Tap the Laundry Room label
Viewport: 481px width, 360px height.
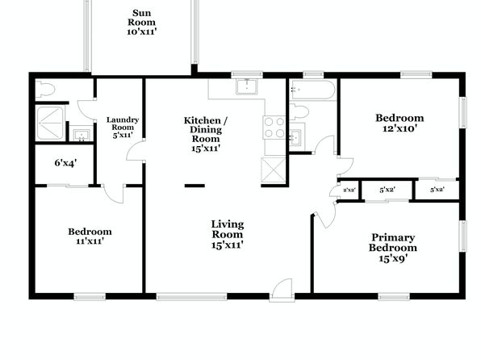[x=123, y=123]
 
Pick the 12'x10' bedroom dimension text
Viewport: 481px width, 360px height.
[x=399, y=128]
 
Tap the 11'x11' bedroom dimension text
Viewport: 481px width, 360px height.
[x=90, y=241]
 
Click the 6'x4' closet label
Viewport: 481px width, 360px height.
[x=65, y=163]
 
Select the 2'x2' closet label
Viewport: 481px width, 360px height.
[x=349, y=190]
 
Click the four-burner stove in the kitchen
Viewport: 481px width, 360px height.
[x=274, y=128]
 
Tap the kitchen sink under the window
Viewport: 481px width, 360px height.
[x=247, y=86]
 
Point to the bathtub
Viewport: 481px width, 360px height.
[x=313, y=90]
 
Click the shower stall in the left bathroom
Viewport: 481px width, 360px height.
[x=50, y=123]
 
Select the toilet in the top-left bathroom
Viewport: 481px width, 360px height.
[x=45, y=90]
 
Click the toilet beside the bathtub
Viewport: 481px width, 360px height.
[x=299, y=112]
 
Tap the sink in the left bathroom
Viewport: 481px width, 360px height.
[x=82, y=135]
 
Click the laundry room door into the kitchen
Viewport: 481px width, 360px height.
[x=135, y=150]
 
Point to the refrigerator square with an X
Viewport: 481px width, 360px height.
[x=274, y=170]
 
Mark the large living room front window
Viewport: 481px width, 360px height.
[x=192, y=296]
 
